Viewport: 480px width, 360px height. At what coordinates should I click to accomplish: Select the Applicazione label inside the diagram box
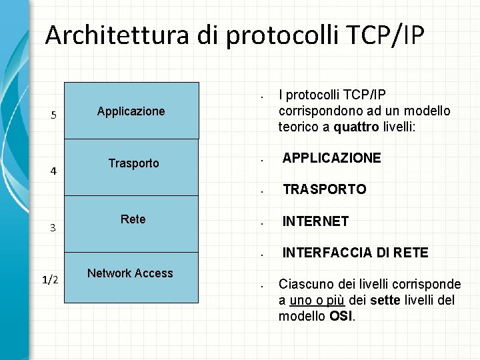[131, 111]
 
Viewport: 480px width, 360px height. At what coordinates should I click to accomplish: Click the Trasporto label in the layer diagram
[134, 163]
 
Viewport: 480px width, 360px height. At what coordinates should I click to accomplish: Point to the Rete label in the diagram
[133, 219]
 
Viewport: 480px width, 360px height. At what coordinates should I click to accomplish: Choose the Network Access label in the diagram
[130, 273]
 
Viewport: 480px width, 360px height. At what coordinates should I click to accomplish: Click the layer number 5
[54, 115]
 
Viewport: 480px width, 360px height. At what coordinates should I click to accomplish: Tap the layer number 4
[54, 171]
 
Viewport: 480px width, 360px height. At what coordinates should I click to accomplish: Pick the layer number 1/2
[50, 280]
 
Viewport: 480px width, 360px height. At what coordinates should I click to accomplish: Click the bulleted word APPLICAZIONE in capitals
[331, 158]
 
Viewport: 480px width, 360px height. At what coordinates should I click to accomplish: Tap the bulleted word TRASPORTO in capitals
[324, 189]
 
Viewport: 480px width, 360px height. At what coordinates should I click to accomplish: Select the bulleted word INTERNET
[315, 221]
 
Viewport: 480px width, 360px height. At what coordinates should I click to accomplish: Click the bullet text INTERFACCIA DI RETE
[355, 253]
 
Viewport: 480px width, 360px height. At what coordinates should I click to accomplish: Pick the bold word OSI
[341, 316]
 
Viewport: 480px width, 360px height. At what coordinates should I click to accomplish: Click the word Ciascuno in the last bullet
[303, 284]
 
